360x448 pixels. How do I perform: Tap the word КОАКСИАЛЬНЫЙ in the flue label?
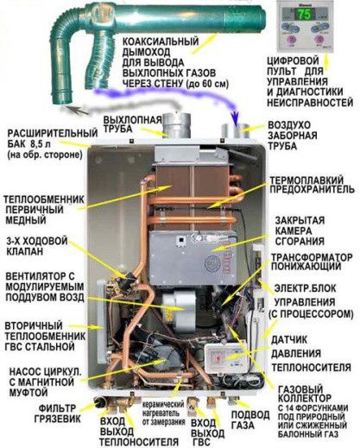(x=161, y=41)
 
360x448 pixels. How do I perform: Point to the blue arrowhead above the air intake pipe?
(x=236, y=121)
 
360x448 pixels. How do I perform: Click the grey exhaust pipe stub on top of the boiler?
(x=176, y=126)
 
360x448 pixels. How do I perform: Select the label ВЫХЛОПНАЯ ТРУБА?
(x=133, y=124)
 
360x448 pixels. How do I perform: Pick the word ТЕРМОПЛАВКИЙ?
(x=306, y=180)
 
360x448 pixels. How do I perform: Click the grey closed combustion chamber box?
(x=193, y=253)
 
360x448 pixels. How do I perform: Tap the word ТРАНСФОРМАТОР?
(x=312, y=257)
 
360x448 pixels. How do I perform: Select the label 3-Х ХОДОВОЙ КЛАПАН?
(x=37, y=245)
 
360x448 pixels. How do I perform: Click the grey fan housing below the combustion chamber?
(x=179, y=310)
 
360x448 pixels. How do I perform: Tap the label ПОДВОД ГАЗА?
(x=250, y=420)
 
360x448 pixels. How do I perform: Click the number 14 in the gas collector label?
(x=291, y=408)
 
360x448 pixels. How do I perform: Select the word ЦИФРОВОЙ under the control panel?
(x=289, y=61)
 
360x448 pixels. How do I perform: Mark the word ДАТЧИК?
(x=289, y=340)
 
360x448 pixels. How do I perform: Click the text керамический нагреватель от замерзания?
(x=163, y=413)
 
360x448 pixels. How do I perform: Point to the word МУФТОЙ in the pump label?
(x=28, y=393)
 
